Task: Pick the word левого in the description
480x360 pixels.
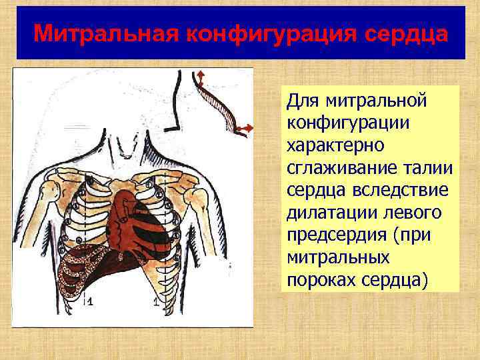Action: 411,212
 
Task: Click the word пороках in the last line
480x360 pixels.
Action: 319,279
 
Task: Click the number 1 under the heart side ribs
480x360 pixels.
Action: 157,302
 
